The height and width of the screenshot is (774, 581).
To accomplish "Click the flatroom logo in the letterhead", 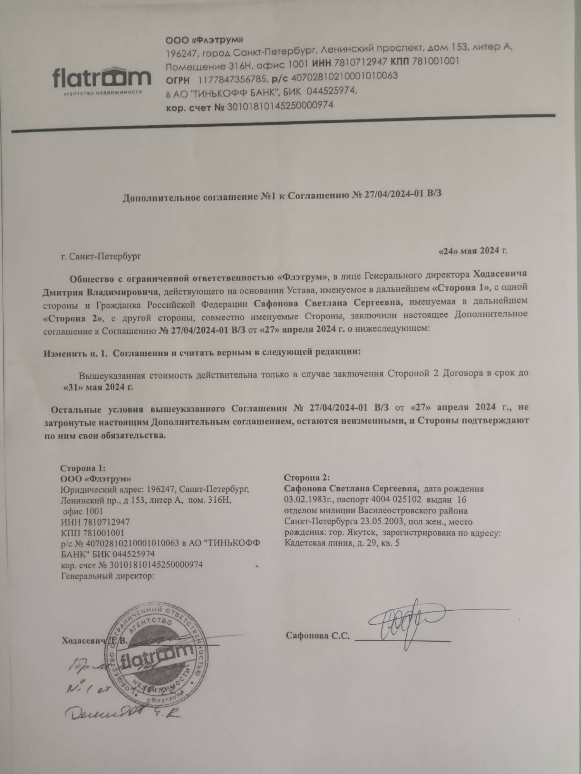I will [101, 79].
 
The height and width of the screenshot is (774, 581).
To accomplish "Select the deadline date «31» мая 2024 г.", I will [98, 387].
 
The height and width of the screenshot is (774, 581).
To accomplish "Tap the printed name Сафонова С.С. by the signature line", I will [318, 635].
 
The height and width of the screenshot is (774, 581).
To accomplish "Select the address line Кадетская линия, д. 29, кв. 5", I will [342, 543].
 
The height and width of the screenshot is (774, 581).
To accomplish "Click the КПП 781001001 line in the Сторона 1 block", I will [93, 533].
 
